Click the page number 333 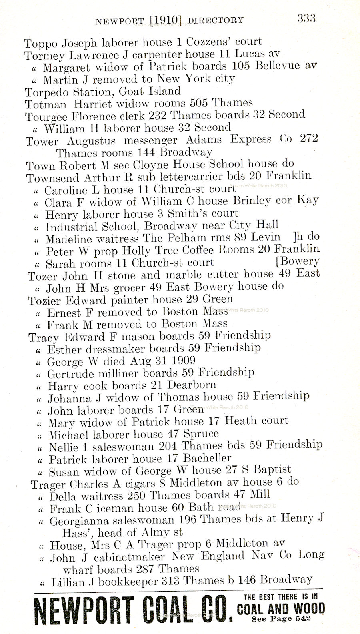coord(306,18)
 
